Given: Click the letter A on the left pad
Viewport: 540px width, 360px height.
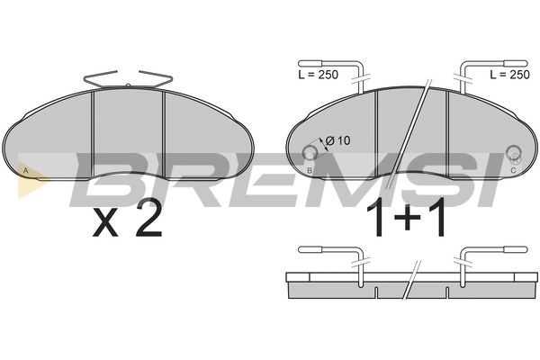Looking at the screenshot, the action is click(25, 170).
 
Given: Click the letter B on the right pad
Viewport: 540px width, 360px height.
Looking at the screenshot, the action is click(310, 170).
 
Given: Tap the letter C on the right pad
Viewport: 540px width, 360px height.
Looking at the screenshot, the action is click(513, 170).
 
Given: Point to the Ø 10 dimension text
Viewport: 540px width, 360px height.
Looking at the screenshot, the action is click(337, 140).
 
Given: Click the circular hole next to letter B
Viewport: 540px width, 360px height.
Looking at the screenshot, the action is click(310, 152).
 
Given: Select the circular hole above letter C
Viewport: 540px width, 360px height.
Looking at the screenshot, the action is click(514, 152).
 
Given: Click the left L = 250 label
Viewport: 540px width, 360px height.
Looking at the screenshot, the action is click(319, 75).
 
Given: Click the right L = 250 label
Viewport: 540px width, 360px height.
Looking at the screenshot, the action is click(509, 75).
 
